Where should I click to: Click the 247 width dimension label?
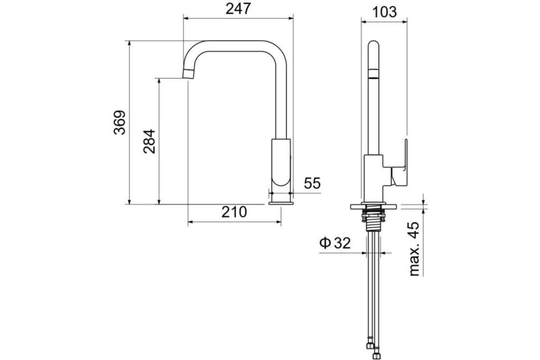(238, 9)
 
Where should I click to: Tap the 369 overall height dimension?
(120, 122)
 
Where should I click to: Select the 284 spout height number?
(149, 142)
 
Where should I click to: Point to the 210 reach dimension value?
(234, 212)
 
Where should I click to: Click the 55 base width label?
(312, 183)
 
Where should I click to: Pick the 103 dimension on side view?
(384, 12)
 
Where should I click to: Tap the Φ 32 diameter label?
(335, 243)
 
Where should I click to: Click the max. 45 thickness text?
(414, 249)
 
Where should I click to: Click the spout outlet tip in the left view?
(188, 74)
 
